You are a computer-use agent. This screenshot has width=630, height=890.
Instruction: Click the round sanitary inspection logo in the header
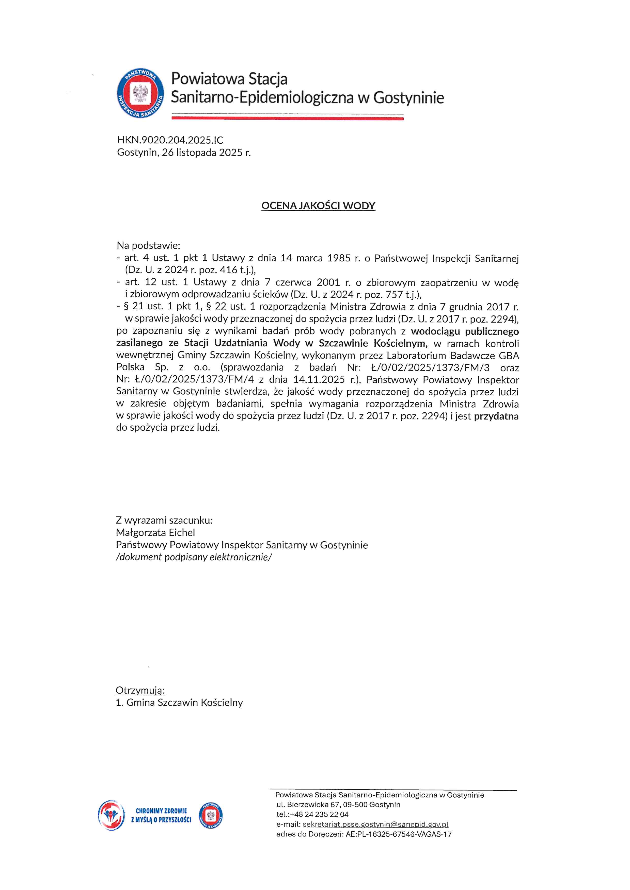(140, 93)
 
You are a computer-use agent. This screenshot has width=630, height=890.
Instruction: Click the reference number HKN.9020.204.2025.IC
(170, 140)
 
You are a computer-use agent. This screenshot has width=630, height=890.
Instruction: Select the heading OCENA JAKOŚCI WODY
(318, 206)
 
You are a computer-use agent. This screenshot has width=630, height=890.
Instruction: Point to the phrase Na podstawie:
(148, 245)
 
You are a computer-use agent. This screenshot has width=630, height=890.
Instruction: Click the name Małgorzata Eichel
(155, 533)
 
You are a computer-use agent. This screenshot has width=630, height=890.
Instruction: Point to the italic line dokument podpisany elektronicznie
(194, 557)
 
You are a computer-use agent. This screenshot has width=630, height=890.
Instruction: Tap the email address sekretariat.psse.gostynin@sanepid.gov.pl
(375, 825)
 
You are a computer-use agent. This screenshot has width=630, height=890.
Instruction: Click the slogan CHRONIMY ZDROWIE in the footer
(161, 811)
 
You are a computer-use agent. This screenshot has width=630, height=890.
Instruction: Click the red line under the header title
(287, 119)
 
